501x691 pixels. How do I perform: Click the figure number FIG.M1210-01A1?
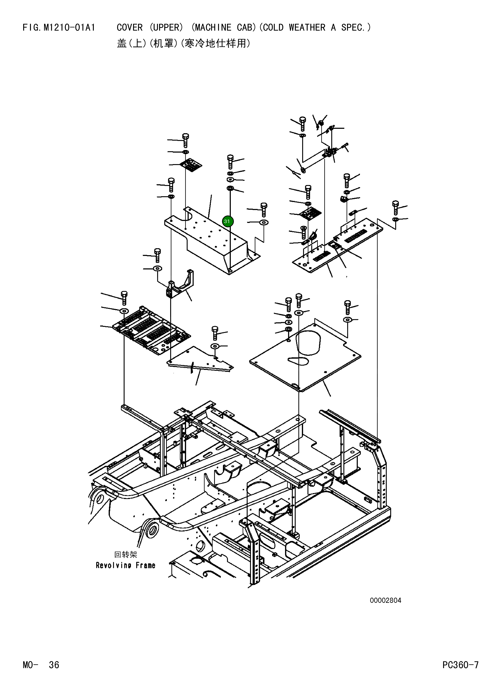(59, 28)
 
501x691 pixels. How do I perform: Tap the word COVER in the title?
(130, 28)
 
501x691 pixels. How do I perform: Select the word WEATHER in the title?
(307, 28)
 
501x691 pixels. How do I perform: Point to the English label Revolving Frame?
(126, 566)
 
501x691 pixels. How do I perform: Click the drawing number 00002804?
(386, 601)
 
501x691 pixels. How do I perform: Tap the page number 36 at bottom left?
(54, 665)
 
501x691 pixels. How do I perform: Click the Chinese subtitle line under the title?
(184, 44)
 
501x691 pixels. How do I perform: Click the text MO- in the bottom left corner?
(30, 665)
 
